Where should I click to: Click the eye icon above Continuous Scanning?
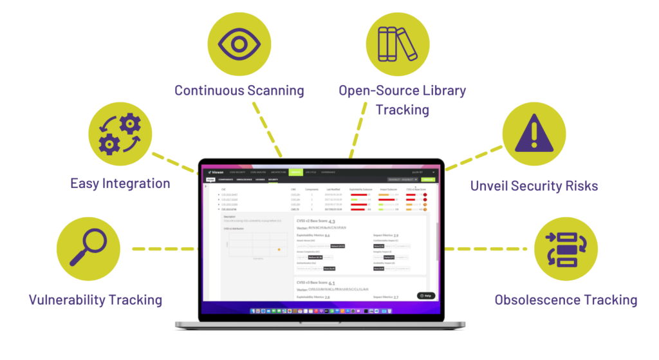click(x=238, y=43)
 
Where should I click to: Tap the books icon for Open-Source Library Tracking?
click(x=397, y=43)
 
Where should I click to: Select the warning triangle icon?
click(x=533, y=133)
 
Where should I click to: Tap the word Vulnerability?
click(x=66, y=300)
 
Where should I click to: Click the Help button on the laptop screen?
click(x=425, y=296)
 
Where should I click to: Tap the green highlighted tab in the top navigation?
click(x=295, y=173)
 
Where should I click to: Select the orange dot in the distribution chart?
click(x=278, y=249)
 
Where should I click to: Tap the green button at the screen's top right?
click(x=427, y=180)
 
